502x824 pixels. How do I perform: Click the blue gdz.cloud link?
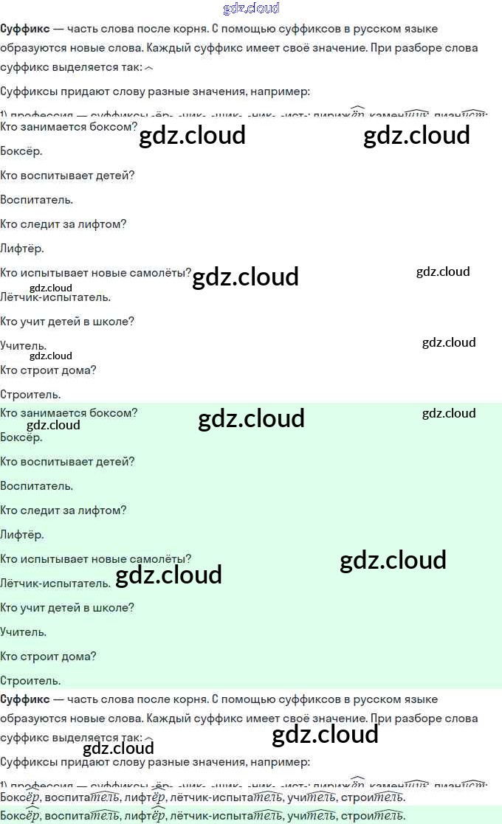(x=251, y=8)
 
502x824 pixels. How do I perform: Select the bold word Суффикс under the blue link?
(x=25, y=29)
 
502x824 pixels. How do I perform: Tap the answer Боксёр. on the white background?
(x=21, y=151)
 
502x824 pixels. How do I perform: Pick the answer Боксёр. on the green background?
(x=21, y=437)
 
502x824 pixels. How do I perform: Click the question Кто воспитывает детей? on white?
(x=67, y=176)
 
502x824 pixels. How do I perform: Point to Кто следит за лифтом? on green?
(x=63, y=510)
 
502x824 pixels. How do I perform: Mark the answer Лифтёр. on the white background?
(x=22, y=249)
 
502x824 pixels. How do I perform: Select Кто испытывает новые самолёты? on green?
(x=96, y=559)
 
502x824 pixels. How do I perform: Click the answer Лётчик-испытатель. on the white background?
(x=55, y=297)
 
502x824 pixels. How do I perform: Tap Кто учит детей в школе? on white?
(x=67, y=322)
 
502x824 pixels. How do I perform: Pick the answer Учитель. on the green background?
(x=24, y=632)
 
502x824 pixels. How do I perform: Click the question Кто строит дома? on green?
(x=48, y=657)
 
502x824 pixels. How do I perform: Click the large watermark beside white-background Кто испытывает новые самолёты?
(x=245, y=277)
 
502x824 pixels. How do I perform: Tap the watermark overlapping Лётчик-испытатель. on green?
(x=169, y=575)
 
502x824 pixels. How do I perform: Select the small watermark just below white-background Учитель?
(x=51, y=356)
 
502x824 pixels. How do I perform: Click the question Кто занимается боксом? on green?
(x=69, y=413)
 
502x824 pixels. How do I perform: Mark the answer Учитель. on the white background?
(x=24, y=345)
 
